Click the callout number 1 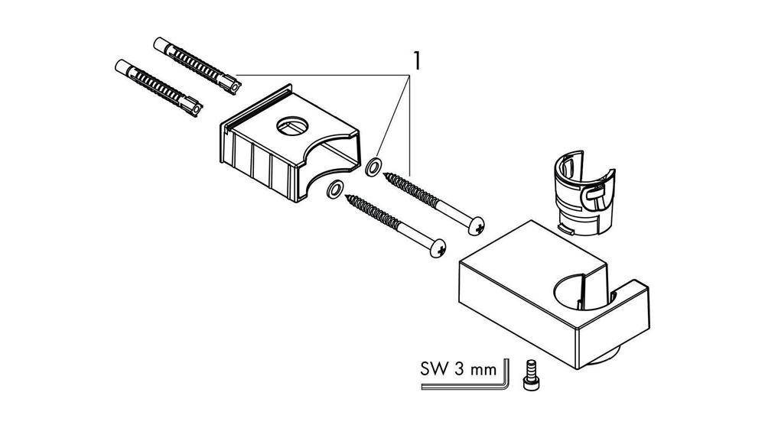click(416, 60)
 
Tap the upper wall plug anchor click(197, 65)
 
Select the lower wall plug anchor click(158, 88)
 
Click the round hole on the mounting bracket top click(292, 126)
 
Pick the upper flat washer click(374, 166)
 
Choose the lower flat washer click(335, 189)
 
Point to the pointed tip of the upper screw click(385, 174)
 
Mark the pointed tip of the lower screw click(347, 196)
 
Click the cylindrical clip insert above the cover click(584, 193)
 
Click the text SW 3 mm click(458, 369)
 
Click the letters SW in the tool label click(435, 369)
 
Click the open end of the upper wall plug click(235, 88)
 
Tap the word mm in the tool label click(483, 371)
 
